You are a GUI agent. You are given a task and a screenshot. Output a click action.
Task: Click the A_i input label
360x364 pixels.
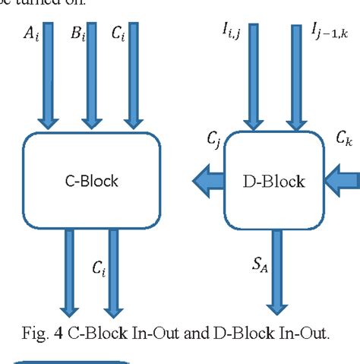point(30,33)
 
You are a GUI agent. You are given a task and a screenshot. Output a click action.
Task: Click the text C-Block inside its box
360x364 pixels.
point(93,181)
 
